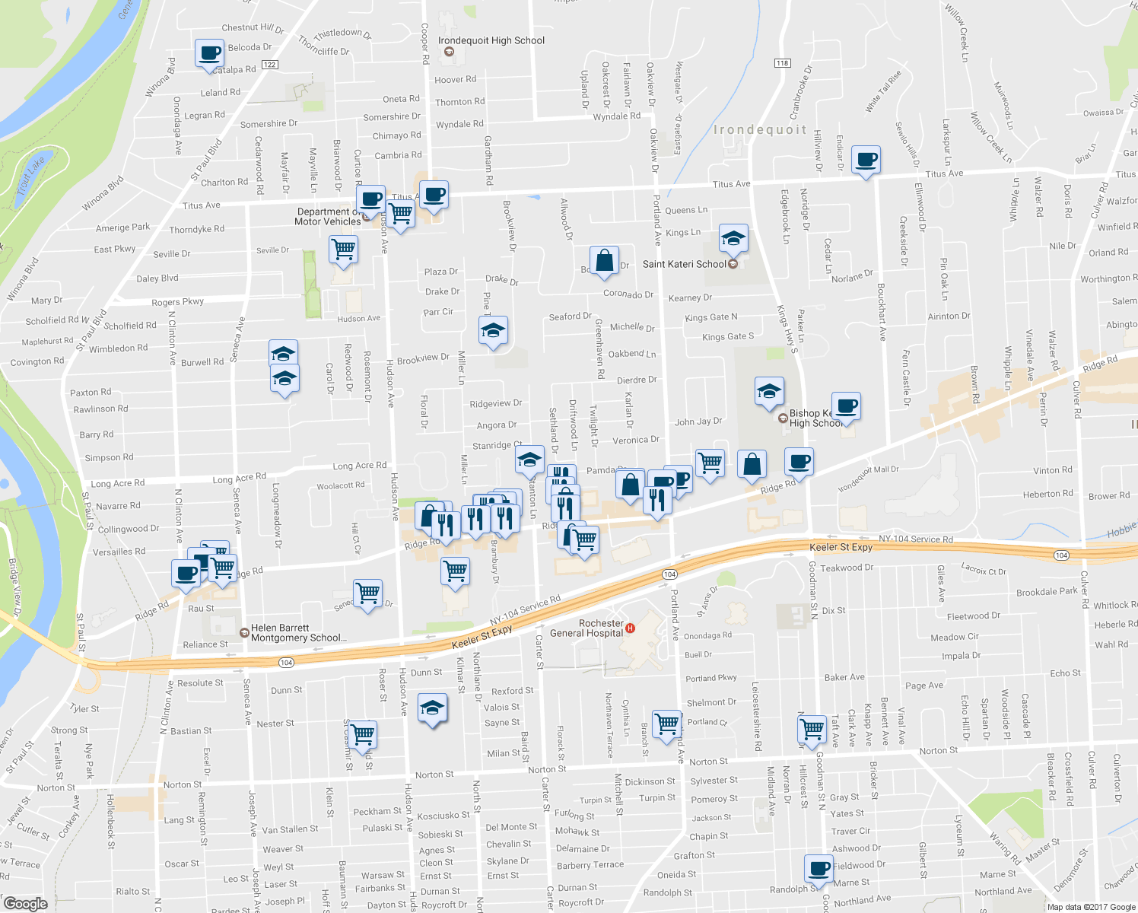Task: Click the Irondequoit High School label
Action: [491, 40]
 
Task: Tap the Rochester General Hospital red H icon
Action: [630, 628]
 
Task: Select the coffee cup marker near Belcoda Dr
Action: [209, 53]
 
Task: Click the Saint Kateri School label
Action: [685, 264]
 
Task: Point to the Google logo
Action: [25, 903]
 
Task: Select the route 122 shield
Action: [269, 65]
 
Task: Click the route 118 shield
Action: [782, 62]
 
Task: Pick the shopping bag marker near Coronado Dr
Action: [603, 260]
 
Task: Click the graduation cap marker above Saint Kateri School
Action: [733, 238]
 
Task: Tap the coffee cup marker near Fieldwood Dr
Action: [819, 868]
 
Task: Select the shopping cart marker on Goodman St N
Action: [812, 728]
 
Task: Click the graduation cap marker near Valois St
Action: [432, 708]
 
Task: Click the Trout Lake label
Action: [30, 177]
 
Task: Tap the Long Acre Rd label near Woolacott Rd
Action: [359, 466]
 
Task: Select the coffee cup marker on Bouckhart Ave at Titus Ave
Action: [866, 160]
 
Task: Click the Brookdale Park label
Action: [1047, 592]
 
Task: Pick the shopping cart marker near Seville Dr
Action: [344, 248]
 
